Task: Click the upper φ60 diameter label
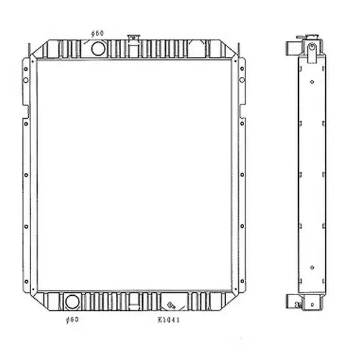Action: [x=97, y=33]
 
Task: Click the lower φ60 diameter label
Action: [x=72, y=319]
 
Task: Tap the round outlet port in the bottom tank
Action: [x=72, y=301]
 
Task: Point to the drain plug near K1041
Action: [x=170, y=304]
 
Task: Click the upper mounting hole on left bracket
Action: [x=26, y=68]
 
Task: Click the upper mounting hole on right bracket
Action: [x=242, y=68]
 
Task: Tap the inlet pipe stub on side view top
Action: [x=290, y=47]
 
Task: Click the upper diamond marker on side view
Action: [x=312, y=82]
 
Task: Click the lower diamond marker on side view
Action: [x=312, y=267]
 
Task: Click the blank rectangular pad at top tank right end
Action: [x=197, y=49]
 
